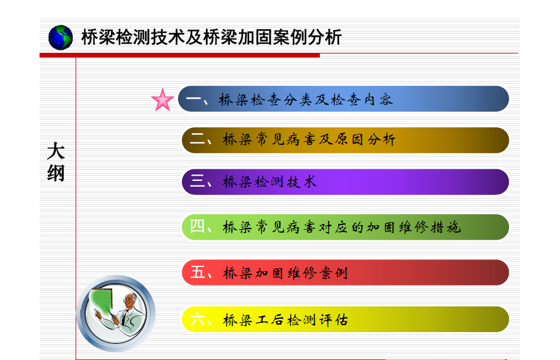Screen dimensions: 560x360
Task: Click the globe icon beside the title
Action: point(60,37)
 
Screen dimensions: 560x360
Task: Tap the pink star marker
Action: point(162,100)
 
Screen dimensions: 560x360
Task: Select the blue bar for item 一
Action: point(344,99)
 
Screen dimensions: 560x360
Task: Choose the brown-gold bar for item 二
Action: point(345,140)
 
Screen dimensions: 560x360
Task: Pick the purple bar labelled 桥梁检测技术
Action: point(345,182)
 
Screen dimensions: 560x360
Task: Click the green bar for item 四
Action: point(345,227)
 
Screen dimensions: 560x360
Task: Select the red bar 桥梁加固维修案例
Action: point(345,273)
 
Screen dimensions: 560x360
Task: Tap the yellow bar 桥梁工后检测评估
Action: point(345,319)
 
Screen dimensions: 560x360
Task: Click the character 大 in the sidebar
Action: point(56,151)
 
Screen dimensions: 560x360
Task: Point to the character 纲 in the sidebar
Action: point(56,173)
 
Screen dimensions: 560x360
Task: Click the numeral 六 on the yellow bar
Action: point(198,319)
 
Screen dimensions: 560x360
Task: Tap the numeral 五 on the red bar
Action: point(198,272)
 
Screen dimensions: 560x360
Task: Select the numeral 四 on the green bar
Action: point(197,226)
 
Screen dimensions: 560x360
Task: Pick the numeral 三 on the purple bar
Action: point(197,181)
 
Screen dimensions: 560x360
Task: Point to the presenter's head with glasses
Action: point(131,300)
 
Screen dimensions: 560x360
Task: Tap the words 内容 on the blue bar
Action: point(378,99)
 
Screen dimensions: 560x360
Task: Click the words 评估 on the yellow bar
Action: point(333,320)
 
